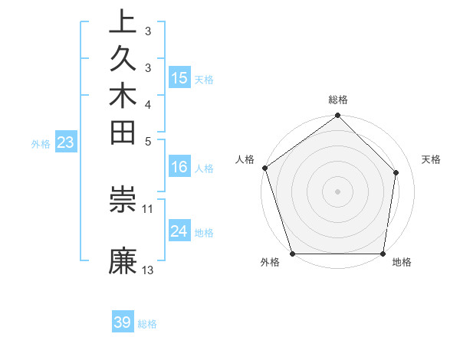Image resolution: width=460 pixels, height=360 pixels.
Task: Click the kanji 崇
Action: coord(123,199)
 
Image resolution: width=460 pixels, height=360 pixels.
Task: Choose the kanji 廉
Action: coord(123,261)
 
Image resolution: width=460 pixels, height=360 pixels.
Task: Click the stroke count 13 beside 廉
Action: coord(148,270)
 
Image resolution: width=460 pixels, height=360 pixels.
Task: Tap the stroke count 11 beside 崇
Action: coord(148,208)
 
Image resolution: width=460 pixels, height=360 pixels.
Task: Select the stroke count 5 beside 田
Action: coord(148,140)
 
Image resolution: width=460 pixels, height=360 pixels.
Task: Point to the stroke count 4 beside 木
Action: coord(148,103)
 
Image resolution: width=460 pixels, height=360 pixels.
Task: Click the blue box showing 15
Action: coord(179,78)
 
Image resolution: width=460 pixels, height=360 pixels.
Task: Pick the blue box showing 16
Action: coord(179,167)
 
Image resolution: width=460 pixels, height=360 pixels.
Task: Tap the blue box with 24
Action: coord(179,231)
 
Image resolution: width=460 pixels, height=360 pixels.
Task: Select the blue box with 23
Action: coord(66,142)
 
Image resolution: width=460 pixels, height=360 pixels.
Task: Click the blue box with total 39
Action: coord(123,322)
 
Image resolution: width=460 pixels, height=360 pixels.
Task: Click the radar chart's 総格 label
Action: coord(338,100)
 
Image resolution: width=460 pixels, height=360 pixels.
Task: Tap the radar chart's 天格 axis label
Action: coord(431,159)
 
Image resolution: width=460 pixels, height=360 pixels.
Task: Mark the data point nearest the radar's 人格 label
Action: coord(265,168)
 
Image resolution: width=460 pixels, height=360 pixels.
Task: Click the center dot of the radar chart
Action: coord(338,191)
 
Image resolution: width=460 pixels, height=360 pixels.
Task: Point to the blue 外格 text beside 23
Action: coord(41,143)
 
